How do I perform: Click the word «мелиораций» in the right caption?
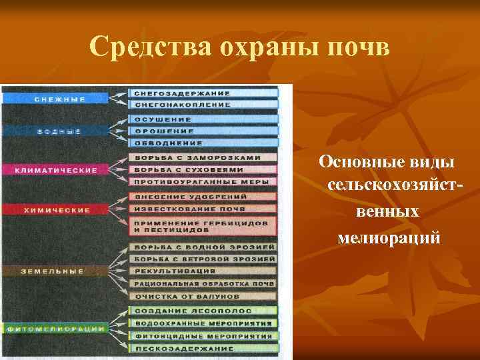(389, 237)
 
